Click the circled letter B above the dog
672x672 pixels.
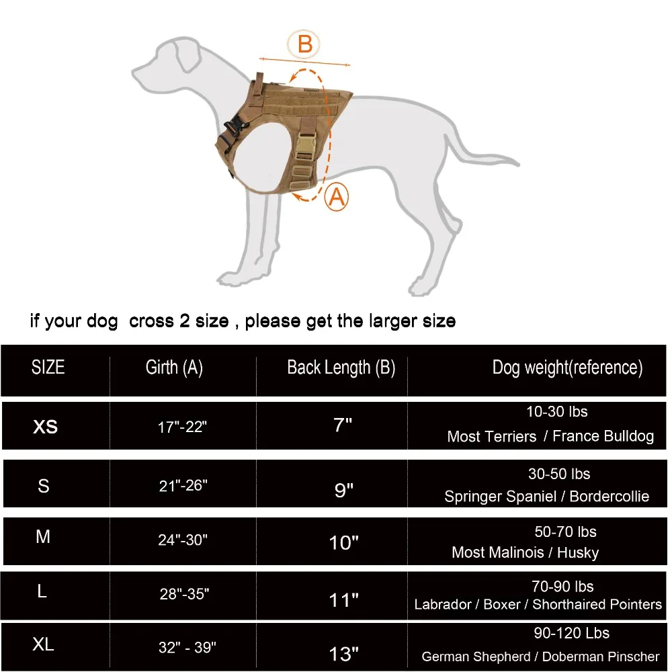304,44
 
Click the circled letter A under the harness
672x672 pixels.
337,198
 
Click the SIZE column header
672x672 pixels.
48,367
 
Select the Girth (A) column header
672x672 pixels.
174,367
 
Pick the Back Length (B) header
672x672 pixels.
341,368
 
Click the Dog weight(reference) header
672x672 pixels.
567,368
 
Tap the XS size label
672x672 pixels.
45,427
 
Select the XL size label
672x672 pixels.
44,645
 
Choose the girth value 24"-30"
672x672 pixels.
183,539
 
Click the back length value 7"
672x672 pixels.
343,425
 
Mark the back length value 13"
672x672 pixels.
344,653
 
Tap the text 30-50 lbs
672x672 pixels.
559,474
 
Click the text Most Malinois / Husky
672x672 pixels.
525,552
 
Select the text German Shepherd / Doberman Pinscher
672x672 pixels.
541,657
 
